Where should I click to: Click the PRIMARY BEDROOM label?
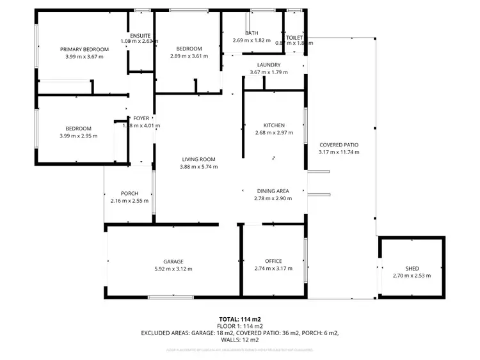click(x=84, y=49)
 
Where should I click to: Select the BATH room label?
click(x=252, y=33)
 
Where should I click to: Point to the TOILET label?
click(x=294, y=38)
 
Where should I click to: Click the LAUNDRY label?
click(x=269, y=65)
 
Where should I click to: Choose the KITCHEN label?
click(x=274, y=125)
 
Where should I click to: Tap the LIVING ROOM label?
click(x=198, y=160)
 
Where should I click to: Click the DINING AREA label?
click(x=273, y=191)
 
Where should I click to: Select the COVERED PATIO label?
click(x=339, y=145)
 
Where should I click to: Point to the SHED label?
click(x=412, y=269)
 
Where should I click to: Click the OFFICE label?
click(x=273, y=261)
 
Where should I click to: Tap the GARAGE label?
click(x=173, y=262)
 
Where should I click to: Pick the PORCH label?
click(x=129, y=194)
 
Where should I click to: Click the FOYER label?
click(x=141, y=118)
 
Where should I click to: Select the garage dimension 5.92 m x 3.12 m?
click(x=173, y=269)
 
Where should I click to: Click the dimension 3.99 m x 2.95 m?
click(x=76, y=136)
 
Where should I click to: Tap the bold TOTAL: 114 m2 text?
click(x=240, y=318)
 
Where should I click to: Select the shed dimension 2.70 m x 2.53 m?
click(x=412, y=276)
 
